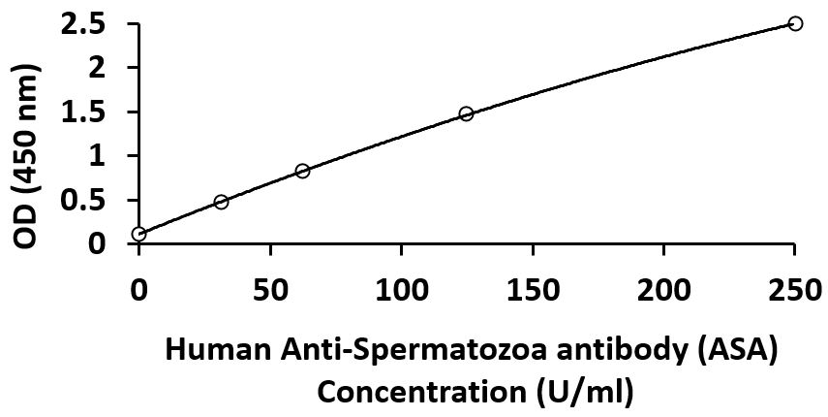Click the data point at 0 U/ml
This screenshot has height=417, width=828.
[x=139, y=234]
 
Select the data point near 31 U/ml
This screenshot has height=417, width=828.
[x=221, y=202]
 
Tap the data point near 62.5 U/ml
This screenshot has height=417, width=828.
[x=302, y=171]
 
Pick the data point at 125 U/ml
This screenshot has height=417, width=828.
[x=466, y=113]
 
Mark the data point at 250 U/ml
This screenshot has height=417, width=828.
[x=795, y=23]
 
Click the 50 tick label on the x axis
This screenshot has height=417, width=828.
[x=270, y=288]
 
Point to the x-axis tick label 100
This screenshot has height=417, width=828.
[x=402, y=288]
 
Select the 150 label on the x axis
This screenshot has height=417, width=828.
[x=533, y=288]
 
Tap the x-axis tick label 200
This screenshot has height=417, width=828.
[x=663, y=288]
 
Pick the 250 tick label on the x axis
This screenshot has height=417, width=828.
[x=795, y=288]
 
